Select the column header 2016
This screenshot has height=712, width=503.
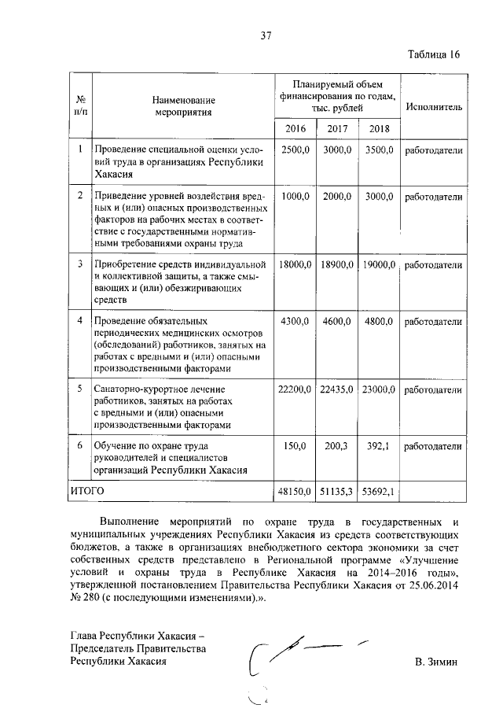295,128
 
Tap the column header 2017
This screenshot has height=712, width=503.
337,128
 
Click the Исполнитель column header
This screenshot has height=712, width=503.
434,106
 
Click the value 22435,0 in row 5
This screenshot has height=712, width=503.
338,389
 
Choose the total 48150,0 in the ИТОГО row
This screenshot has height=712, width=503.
295,492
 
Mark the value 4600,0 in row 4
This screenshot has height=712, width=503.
338,322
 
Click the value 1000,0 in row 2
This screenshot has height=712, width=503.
296,197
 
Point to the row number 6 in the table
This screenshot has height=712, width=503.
80,446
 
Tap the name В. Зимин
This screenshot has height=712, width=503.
436,662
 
